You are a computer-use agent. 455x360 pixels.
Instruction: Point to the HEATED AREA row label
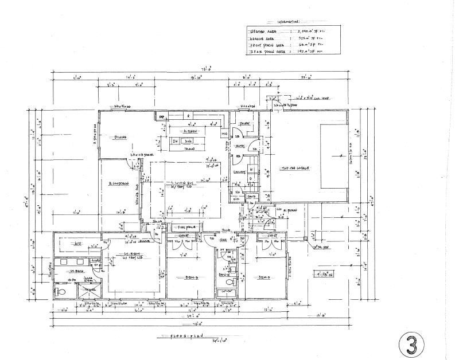(x=261, y=32)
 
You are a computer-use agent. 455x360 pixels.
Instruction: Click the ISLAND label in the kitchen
(x=190, y=148)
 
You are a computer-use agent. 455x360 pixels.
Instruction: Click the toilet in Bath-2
(x=229, y=283)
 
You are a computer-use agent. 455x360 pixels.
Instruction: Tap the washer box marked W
(x=251, y=169)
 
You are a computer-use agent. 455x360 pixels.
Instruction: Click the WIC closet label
(x=79, y=244)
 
